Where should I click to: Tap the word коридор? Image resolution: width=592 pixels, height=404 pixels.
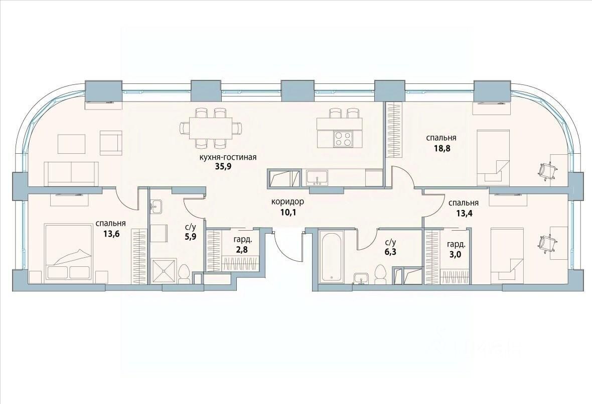tap(287, 202)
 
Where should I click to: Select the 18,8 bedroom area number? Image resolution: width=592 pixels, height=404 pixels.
tap(441, 148)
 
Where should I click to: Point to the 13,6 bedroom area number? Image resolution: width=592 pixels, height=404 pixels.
tap(111, 233)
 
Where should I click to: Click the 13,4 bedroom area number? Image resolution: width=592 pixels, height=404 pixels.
tap(464, 213)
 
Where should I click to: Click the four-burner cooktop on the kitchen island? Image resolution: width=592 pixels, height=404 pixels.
tap(343, 138)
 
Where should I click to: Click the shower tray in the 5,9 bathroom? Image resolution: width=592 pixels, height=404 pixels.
tap(164, 270)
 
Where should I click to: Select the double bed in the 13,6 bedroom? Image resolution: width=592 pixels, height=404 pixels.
tap(69, 252)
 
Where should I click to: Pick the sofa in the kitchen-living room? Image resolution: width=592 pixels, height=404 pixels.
tap(71, 174)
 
